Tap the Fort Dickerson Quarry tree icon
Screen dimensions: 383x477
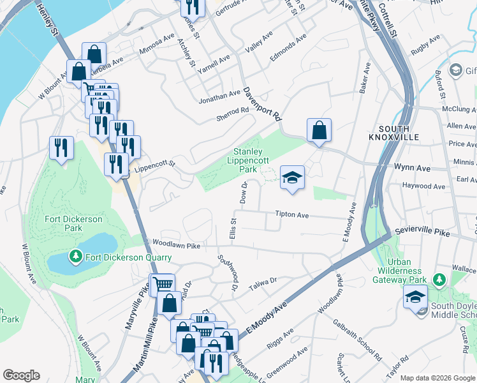76,257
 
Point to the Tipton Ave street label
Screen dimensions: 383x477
291,215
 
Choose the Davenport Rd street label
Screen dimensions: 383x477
262,105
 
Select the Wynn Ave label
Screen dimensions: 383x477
411,168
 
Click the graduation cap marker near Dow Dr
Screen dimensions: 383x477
292,177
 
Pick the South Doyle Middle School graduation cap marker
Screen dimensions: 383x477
415,298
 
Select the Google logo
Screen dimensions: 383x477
21,375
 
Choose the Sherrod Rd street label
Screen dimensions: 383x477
231,110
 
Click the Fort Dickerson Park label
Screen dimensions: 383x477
73,223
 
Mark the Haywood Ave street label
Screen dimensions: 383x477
423,186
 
